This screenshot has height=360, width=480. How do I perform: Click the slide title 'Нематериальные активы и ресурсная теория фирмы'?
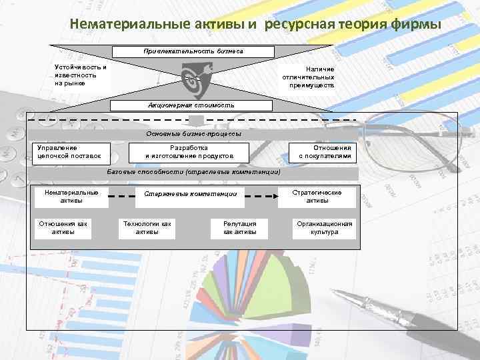(x=255, y=25)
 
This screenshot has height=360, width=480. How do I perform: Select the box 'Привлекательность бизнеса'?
(x=193, y=51)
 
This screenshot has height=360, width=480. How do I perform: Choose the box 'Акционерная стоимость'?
(x=191, y=105)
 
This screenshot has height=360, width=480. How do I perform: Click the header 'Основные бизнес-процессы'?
(x=194, y=134)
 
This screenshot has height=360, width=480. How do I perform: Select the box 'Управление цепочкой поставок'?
(x=69, y=152)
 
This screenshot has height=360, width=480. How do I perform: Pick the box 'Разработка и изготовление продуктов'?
(x=189, y=152)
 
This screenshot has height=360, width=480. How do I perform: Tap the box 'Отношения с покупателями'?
(x=325, y=152)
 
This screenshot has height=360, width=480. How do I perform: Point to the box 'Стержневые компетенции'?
(x=191, y=194)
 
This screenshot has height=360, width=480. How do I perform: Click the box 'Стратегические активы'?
(x=317, y=196)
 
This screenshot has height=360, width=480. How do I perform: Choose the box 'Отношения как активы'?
(x=63, y=227)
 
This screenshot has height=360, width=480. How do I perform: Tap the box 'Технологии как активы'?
(x=147, y=227)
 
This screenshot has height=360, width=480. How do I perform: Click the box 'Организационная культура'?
(x=325, y=227)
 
